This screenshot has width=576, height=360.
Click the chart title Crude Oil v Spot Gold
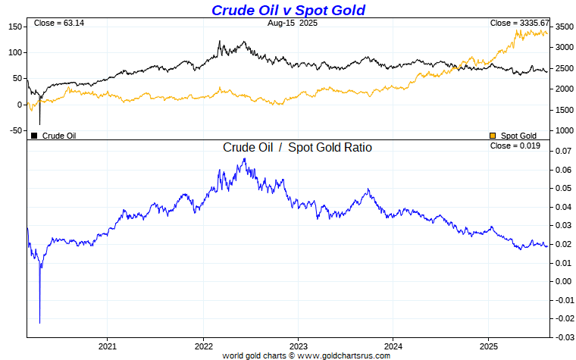tap(288, 10)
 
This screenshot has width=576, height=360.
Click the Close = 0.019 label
tap(515, 146)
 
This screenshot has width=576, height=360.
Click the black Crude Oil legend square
tap(34, 136)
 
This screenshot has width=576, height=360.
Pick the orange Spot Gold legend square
tap(493, 136)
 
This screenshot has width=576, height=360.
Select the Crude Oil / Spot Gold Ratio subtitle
tap(297, 148)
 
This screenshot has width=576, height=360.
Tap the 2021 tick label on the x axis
tap(107, 345)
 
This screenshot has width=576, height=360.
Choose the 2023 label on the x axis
tap(298, 345)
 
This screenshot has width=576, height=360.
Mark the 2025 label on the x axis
tap(488, 345)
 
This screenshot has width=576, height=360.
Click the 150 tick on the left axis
tap(13, 27)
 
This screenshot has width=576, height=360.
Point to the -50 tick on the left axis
tap(13, 130)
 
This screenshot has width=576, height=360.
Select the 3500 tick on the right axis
tap(564, 27)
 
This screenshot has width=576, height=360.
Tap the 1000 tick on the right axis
tap(564, 130)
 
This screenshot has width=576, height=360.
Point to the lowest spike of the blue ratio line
tap(39, 322)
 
